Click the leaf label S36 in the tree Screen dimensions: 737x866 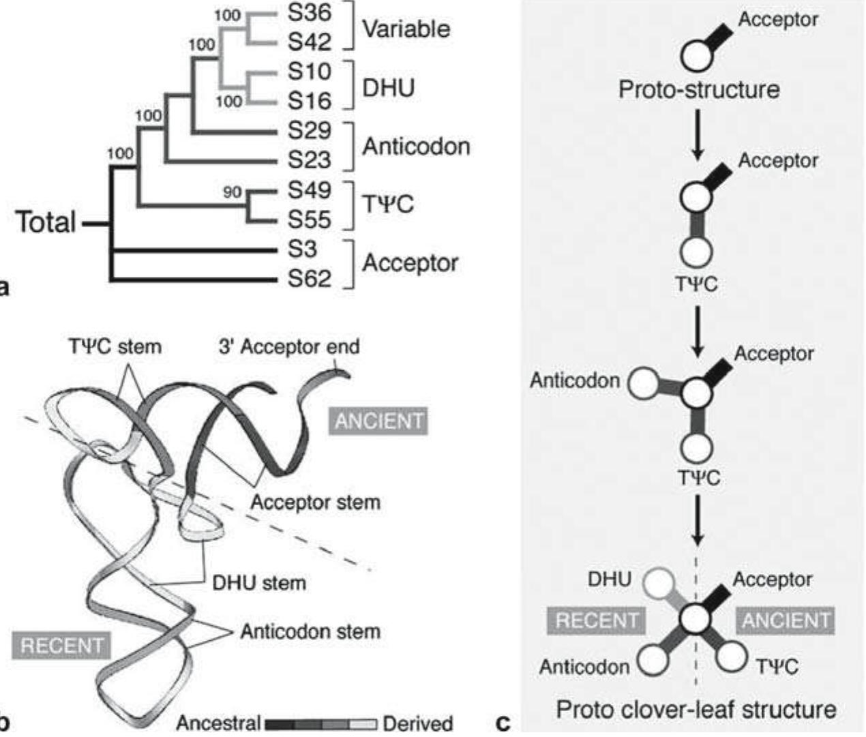point(309,14)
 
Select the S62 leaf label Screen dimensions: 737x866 point(309,278)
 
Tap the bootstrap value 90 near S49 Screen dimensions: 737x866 point(233,193)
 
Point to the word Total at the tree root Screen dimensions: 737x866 point(46,223)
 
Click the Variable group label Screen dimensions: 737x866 point(406,29)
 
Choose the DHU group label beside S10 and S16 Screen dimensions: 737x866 point(388,88)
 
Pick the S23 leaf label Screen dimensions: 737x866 point(309,160)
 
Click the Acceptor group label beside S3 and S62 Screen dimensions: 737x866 point(410,263)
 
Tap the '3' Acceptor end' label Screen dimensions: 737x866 point(288,347)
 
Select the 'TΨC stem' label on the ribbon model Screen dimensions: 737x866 point(115,346)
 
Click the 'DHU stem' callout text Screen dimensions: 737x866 point(259,583)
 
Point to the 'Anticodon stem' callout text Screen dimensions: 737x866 point(310,632)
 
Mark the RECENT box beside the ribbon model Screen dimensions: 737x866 point(62,645)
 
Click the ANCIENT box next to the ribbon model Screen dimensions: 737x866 point(378,421)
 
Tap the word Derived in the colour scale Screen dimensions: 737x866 point(418,723)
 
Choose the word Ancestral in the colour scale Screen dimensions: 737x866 point(218,723)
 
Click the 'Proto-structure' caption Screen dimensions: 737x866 point(699,89)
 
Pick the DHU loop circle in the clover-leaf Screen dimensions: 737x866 point(661,584)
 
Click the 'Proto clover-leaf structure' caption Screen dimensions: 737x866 point(696,709)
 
